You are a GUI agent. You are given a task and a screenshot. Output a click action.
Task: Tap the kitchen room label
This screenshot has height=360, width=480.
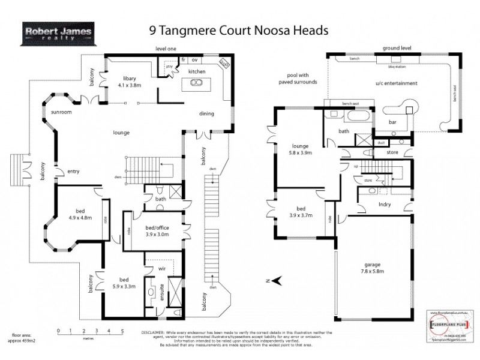[197, 71]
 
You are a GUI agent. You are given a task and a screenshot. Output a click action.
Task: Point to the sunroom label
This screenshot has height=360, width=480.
[62, 112]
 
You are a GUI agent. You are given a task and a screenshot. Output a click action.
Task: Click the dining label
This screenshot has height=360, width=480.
[207, 113]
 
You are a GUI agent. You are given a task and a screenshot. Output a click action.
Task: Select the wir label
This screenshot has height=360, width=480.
[161, 269]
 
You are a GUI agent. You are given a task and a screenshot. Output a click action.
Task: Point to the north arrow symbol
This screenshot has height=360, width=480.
[275, 280]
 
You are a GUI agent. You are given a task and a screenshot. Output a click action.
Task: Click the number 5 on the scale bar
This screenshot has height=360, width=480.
[122, 331]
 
